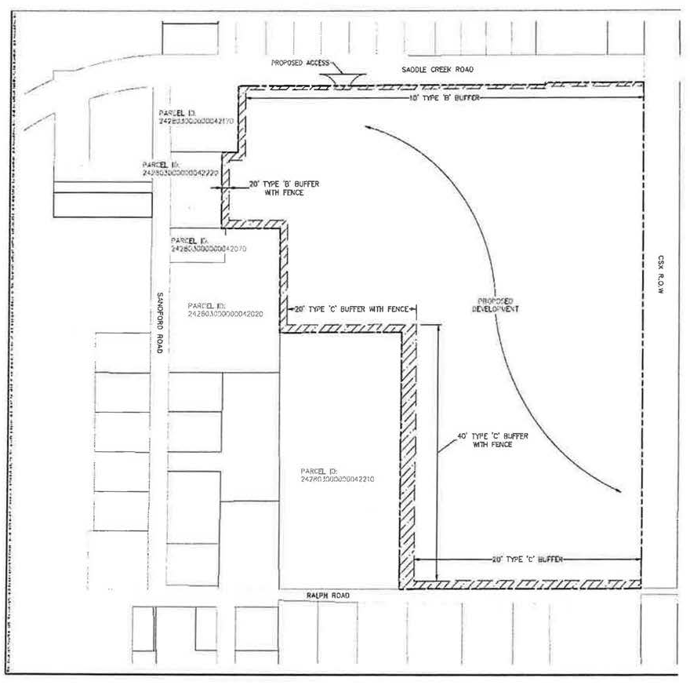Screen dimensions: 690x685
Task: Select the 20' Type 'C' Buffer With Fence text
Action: pyautogui.click(x=353, y=309)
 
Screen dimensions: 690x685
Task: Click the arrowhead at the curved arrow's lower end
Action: pyautogui.click(x=619, y=492)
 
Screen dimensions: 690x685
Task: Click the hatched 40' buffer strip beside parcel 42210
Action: pyautogui.click(x=408, y=455)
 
